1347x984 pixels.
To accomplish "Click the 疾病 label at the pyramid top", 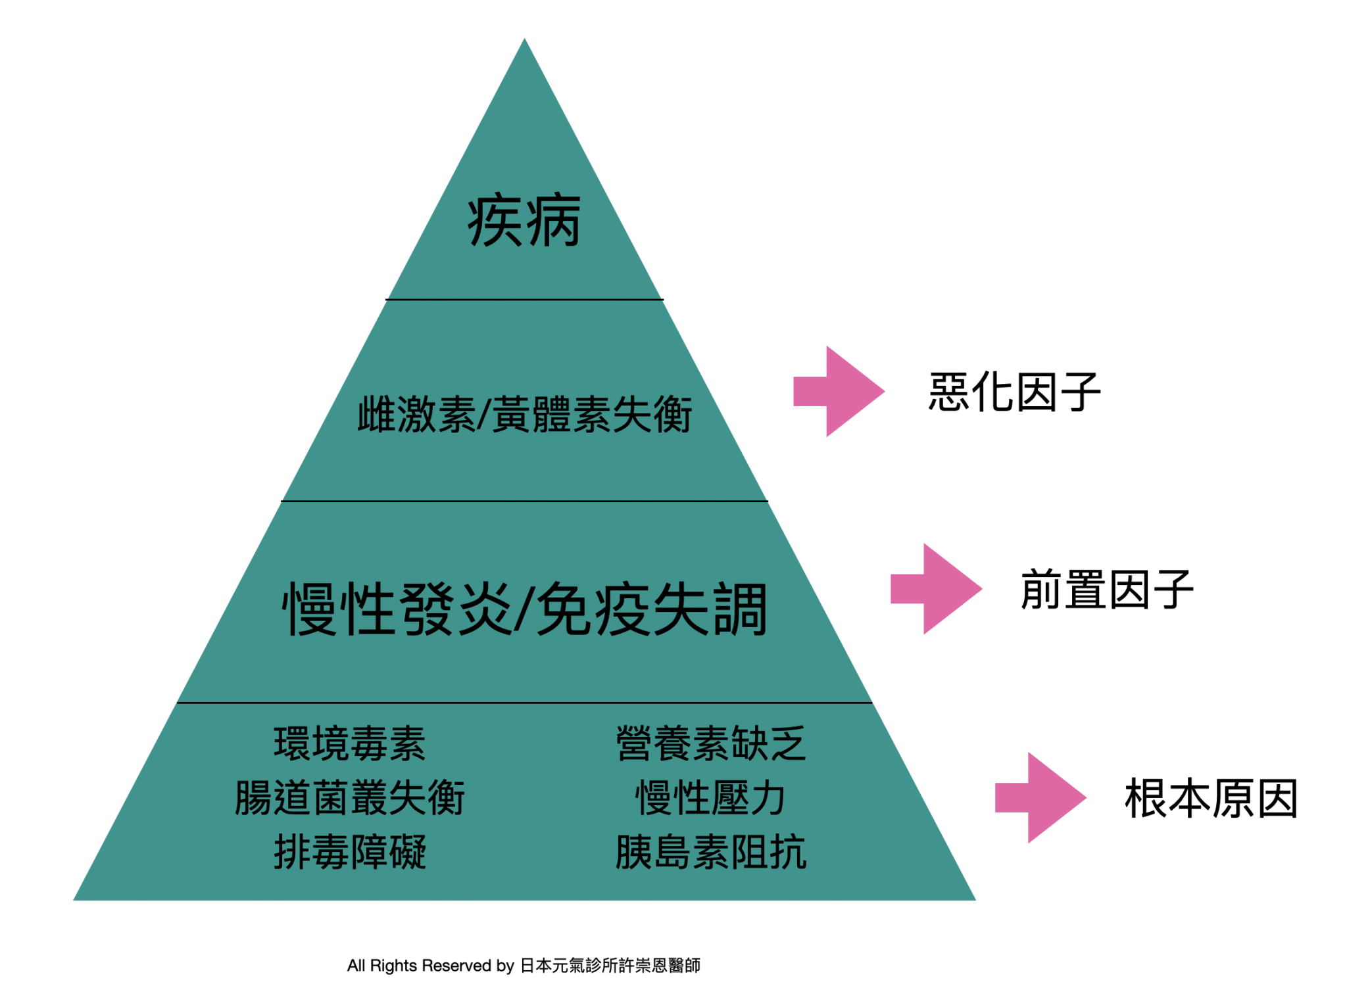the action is [x=524, y=220].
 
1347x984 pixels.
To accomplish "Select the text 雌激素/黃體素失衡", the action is [x=524, y=414].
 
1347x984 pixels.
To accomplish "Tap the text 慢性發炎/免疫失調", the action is [x=524, y=609].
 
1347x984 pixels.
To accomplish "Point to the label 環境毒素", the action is [x=349, y=743].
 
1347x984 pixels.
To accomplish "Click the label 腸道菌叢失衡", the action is [x=349, y=797].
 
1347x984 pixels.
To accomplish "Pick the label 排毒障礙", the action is [x=349, y=851].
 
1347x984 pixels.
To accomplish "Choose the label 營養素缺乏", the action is [x=710, y=743].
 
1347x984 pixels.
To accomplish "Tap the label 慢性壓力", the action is [x=710, y=797].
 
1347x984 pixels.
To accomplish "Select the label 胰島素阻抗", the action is [x=710, y=851].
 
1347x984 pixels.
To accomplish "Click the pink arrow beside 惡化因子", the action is [x=839, y=391].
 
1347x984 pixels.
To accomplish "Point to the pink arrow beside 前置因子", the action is [x=936, y=588].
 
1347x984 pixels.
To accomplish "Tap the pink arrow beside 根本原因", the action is [x=1041, y=797].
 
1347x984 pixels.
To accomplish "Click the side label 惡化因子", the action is [x=1014, y=391].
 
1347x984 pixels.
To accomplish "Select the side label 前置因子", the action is [x=1107, y=589].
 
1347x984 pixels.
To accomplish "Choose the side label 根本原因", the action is [x=1211, y=798].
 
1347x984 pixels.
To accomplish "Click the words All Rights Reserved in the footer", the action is [x=420, y=965].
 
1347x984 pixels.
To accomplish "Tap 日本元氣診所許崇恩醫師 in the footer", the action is [x=610, y=965].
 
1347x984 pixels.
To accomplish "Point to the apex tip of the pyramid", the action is [x=524, y=38].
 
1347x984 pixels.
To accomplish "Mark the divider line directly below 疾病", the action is [x=524, y=300].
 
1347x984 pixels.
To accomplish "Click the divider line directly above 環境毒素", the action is [x=524, y=703].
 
